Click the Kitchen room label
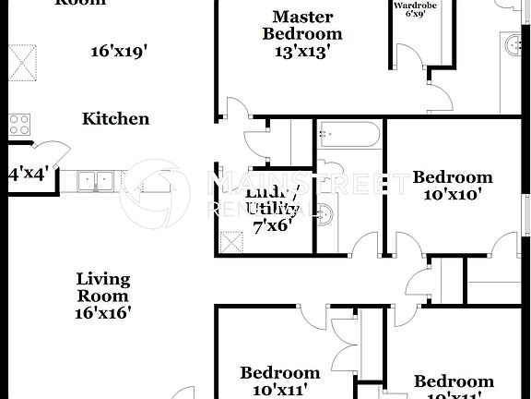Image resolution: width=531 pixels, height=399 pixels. pos(115,118)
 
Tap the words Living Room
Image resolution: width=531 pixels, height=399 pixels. pos(102,286)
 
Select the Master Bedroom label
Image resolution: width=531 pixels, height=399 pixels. pos(302,25)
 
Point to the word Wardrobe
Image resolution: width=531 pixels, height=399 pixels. pos(414,6)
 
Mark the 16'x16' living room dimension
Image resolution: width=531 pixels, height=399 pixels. pos(102,312)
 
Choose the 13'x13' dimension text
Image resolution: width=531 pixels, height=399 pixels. pos(302,51)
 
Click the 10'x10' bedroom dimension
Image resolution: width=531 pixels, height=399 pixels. pos(452,195)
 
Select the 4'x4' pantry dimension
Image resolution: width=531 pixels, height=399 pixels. pos(27,173)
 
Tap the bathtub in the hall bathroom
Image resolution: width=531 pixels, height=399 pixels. pos(347,137)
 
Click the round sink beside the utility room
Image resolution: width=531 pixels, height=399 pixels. pos(322,214)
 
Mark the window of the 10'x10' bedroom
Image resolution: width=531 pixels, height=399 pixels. pos(528,209)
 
